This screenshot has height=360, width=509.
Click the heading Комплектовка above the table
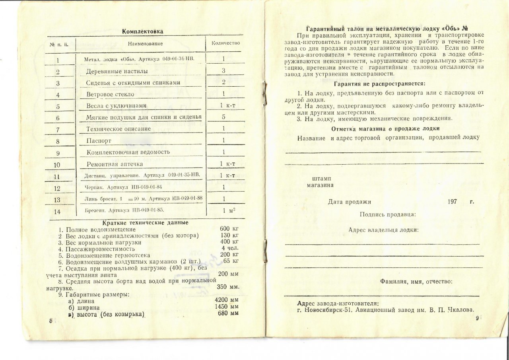pyautogui.click(x=142, y=31)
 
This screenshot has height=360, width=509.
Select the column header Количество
pyautogui.click(x=225, y=43)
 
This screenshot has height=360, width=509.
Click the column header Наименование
pyautogui.click(x=145, y=43)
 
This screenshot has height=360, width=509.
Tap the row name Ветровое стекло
pyautogui.click(x=110, y=94)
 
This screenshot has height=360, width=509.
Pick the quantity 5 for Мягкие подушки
pyautogui.click(x=224, y=117)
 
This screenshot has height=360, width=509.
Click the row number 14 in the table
pyautogui.click(x=57, y=212)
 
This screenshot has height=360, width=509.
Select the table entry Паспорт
pyautogui.click(x=99, y=141)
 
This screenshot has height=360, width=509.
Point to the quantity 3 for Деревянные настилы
pyautogui.click(x=224, y=70)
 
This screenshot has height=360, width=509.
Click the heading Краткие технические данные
pyautogui.click(x=145, y=223)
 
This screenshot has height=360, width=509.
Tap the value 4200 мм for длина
pyautogui.click(x=226, y=300)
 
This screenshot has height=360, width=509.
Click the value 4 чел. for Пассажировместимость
pyautogui.click(x=230, y=248)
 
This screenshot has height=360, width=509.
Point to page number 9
pyautogui.click(x=478, y=318)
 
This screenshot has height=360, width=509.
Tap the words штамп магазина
pyautogui.click(x=321, y=181)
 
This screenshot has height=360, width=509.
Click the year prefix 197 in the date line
pyautogui.click(x=452, y=202)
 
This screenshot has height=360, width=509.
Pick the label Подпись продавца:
pyautogui.click(x=388, y=214)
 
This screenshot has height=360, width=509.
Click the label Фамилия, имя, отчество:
pyautogui.click(x=416, y=281)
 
